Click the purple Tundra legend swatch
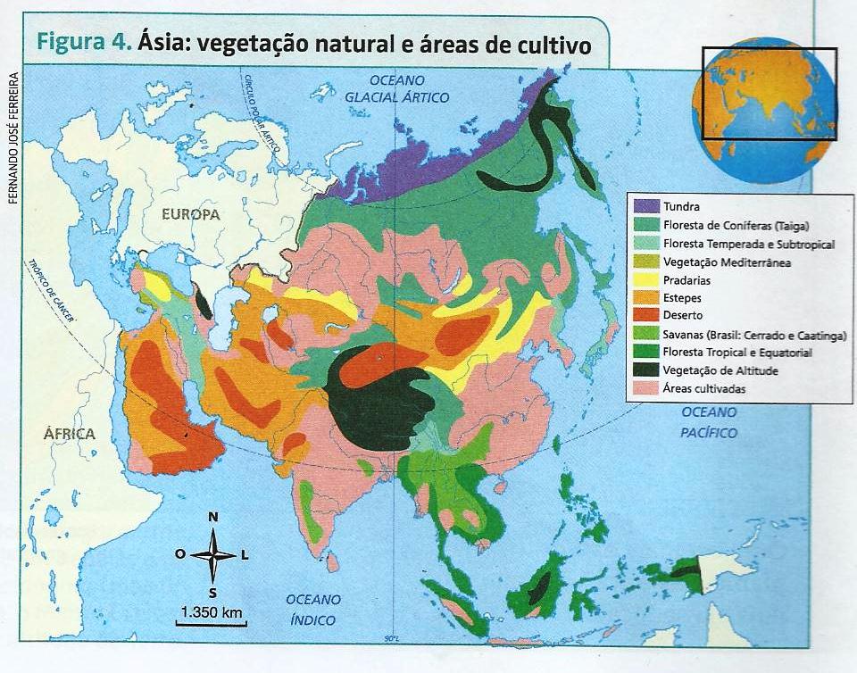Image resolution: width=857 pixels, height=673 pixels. pos(646,206)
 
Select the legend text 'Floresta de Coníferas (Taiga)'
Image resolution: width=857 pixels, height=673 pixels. pos(730,225)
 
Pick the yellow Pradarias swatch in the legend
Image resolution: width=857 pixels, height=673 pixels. pos(646,280)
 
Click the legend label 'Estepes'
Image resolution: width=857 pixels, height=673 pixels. pos(683,298)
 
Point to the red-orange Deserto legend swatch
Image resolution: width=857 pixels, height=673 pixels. pos(646,315)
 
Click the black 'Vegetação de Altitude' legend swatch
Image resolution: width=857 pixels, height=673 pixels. pos(646,370)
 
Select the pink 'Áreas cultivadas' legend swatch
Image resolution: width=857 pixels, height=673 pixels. pos(646,388)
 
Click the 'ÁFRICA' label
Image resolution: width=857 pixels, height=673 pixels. pos(69,434)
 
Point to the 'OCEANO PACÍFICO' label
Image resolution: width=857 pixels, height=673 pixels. pos(710,422)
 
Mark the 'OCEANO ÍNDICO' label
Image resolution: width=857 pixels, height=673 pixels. pos(311,609)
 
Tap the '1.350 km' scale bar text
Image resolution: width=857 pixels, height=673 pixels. pos(211,612)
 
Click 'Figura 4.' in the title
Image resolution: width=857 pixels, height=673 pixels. pos(84,43)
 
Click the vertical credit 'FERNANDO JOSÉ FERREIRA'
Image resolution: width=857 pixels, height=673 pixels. pos(12,137)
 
